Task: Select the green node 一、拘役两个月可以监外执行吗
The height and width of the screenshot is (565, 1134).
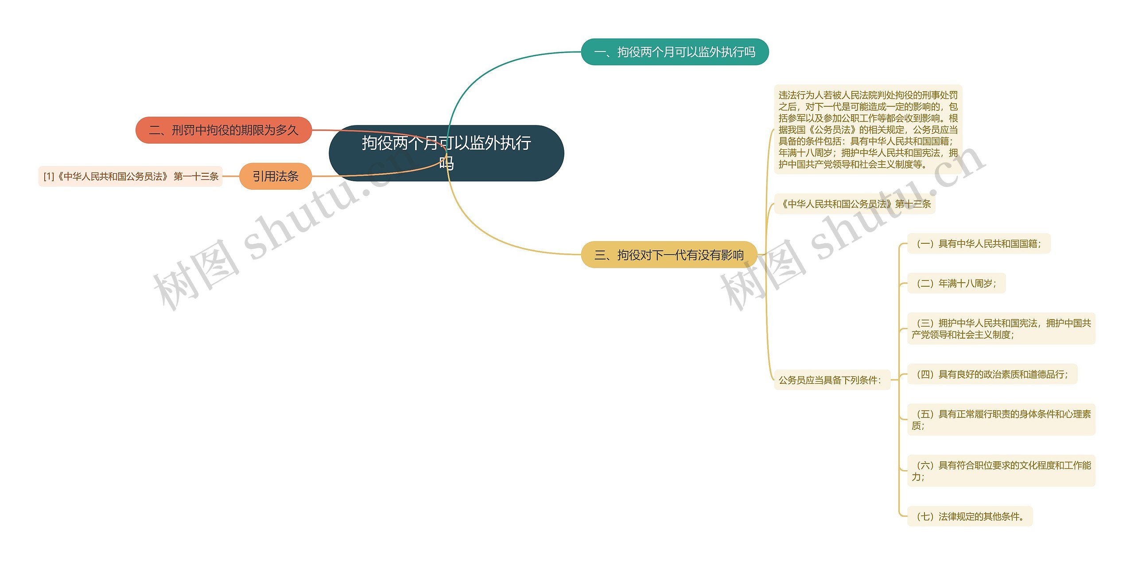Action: tap(674, 52)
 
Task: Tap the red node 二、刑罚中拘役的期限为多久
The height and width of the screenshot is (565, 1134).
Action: tap(223, 130)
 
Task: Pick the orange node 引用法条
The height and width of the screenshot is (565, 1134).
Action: tap(275, 176)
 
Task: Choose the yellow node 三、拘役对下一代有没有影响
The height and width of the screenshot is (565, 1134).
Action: tap(668, 254)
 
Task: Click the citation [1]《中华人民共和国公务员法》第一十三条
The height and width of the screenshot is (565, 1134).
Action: tap(130, 176)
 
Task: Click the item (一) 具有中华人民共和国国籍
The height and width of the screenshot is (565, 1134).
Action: tap(978, 243)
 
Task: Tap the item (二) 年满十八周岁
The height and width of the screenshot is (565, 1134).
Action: tap(956, 283)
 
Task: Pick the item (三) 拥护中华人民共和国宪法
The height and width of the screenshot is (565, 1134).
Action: tap(1001, 328)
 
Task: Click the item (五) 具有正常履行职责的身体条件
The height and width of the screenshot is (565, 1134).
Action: tap(1001, 419)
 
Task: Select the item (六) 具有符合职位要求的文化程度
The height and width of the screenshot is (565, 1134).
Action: tap(1001, 471)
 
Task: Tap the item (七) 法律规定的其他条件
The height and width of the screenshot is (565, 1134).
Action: tap(969, 516)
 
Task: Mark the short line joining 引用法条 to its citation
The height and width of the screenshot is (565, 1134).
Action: tap(230, 176)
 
